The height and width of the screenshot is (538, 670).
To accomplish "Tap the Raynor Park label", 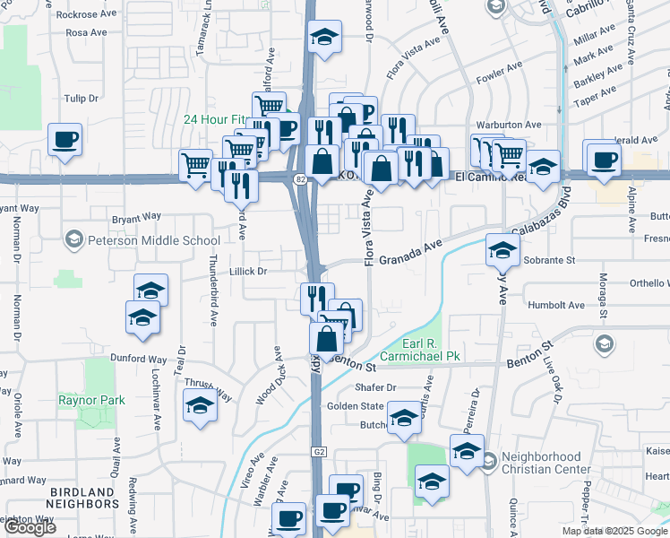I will coord(91,400).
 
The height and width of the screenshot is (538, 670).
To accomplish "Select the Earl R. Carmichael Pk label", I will coord(419,349).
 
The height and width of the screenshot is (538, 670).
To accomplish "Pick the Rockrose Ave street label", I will coord(87,14).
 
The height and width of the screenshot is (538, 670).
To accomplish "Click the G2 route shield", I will coord(319,454).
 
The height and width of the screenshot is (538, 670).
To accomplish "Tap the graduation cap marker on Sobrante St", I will coord(503,249).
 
